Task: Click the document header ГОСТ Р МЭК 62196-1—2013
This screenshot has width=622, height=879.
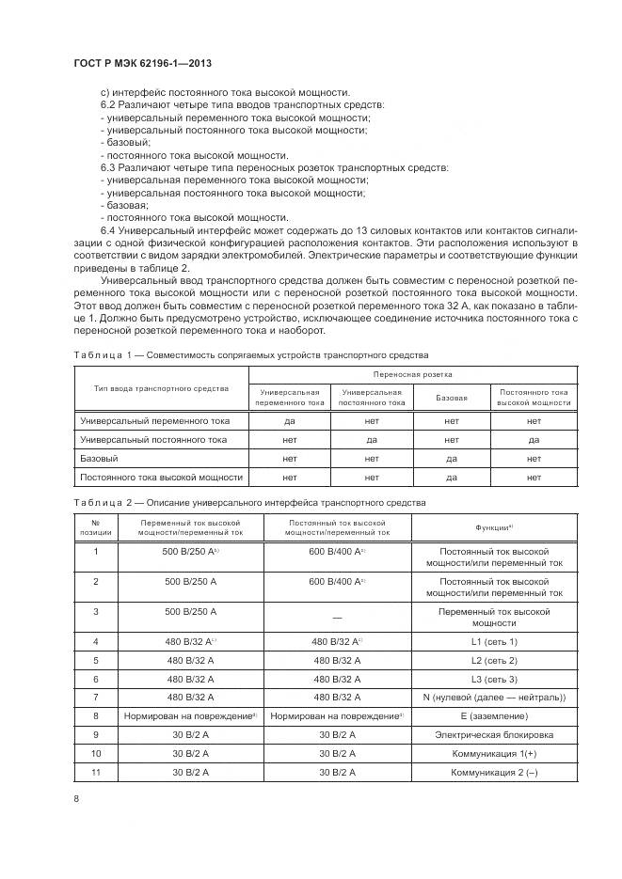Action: tap(141, 63)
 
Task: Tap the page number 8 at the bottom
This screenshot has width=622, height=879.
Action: tap(75, 798)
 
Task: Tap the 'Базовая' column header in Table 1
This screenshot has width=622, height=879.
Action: tap(452, 397)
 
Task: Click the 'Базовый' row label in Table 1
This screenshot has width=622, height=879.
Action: tap(100, 459)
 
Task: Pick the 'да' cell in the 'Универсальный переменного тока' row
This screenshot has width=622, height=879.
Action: tap(289, 421)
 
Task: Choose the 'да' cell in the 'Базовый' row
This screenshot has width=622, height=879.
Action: tap(452, 459)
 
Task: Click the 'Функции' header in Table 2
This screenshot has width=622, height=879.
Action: tap(494, 526)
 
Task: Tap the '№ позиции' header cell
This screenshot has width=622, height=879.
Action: tap(95, 526)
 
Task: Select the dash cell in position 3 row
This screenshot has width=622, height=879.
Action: tap(336, 618)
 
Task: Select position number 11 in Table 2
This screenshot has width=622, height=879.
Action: tap(95, 772)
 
